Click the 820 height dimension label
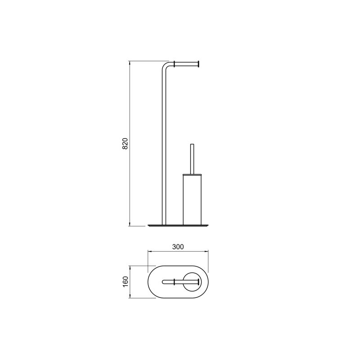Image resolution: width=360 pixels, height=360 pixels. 125,144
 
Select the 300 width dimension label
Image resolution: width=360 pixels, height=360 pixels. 178,247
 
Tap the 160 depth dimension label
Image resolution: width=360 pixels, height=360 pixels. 125,282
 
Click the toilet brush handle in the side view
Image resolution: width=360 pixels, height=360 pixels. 192,159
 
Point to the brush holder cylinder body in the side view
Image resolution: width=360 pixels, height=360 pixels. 192,200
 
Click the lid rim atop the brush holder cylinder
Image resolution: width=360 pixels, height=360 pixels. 192,175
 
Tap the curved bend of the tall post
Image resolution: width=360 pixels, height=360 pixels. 166,65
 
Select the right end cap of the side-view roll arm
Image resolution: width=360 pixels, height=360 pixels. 198,64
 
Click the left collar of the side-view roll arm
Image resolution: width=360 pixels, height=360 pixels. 175,64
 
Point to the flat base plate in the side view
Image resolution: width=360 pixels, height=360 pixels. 178,225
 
